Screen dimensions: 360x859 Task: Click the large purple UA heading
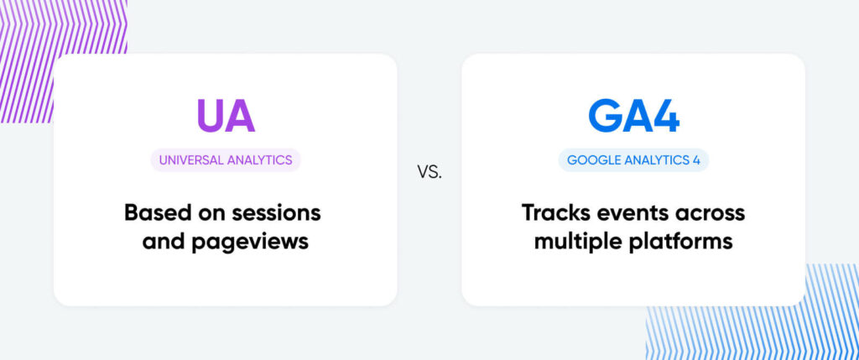pyautogui.click(x=225, y=117)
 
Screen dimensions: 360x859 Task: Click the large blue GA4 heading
pyautogui.click(x=633, y=117)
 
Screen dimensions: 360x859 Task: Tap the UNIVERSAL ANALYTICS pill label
pyautogui.click(x=226, y=160)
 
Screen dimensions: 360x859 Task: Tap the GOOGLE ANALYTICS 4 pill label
pyautogui.click(x=633, y=160)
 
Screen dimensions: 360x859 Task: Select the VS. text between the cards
pyautogui.click(x=429, y=173)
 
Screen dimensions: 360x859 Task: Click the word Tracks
pyautogui.click(x=557, y=212)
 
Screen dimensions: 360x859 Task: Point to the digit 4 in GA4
pyautogui.click(x=664, y=117)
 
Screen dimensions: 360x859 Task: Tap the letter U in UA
pyautogui.click(x=210, y=117)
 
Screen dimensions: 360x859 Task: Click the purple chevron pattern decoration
pyautogui.click(x=34, y=50)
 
